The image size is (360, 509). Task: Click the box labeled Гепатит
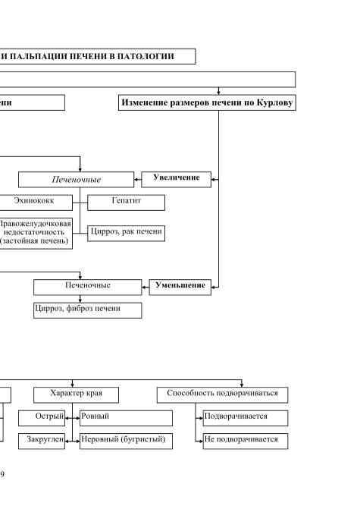126,203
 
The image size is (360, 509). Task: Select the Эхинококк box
36,203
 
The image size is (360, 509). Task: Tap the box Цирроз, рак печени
126,234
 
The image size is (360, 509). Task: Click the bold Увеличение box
176,180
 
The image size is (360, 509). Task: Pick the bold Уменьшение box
180,287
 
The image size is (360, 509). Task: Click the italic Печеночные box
77,180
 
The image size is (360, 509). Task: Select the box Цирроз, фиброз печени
88,310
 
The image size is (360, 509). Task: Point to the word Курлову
274,102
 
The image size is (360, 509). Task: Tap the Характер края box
77,395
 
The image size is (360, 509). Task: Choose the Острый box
42,418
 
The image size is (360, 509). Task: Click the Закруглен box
42,441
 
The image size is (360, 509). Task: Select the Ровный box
126,418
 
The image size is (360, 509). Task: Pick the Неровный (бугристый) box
126,441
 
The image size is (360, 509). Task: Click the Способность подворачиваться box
223,395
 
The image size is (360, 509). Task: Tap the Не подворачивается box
246,441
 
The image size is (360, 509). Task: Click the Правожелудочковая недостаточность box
36,234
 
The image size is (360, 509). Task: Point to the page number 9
2,474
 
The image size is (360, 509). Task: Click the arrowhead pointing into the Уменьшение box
213,287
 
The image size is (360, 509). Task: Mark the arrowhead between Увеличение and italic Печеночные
136,180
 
